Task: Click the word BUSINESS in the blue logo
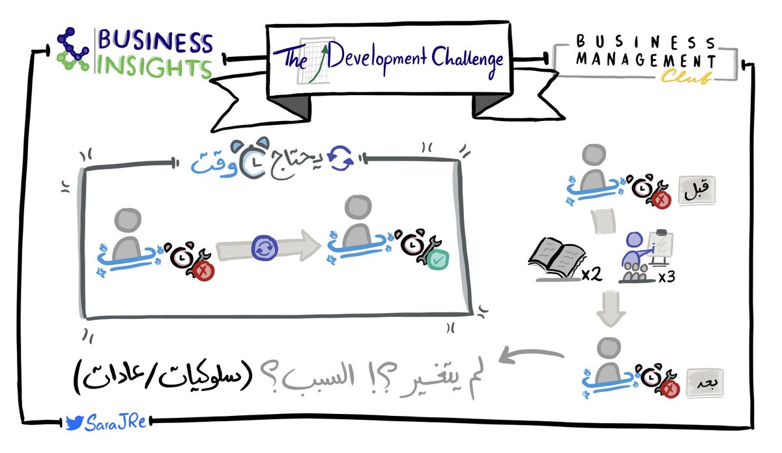coord(155,43)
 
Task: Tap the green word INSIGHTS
coord(155,67)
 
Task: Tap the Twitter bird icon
coord(73,423)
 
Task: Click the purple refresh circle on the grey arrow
coord(263,248)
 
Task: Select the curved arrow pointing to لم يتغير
coord(531,357)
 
